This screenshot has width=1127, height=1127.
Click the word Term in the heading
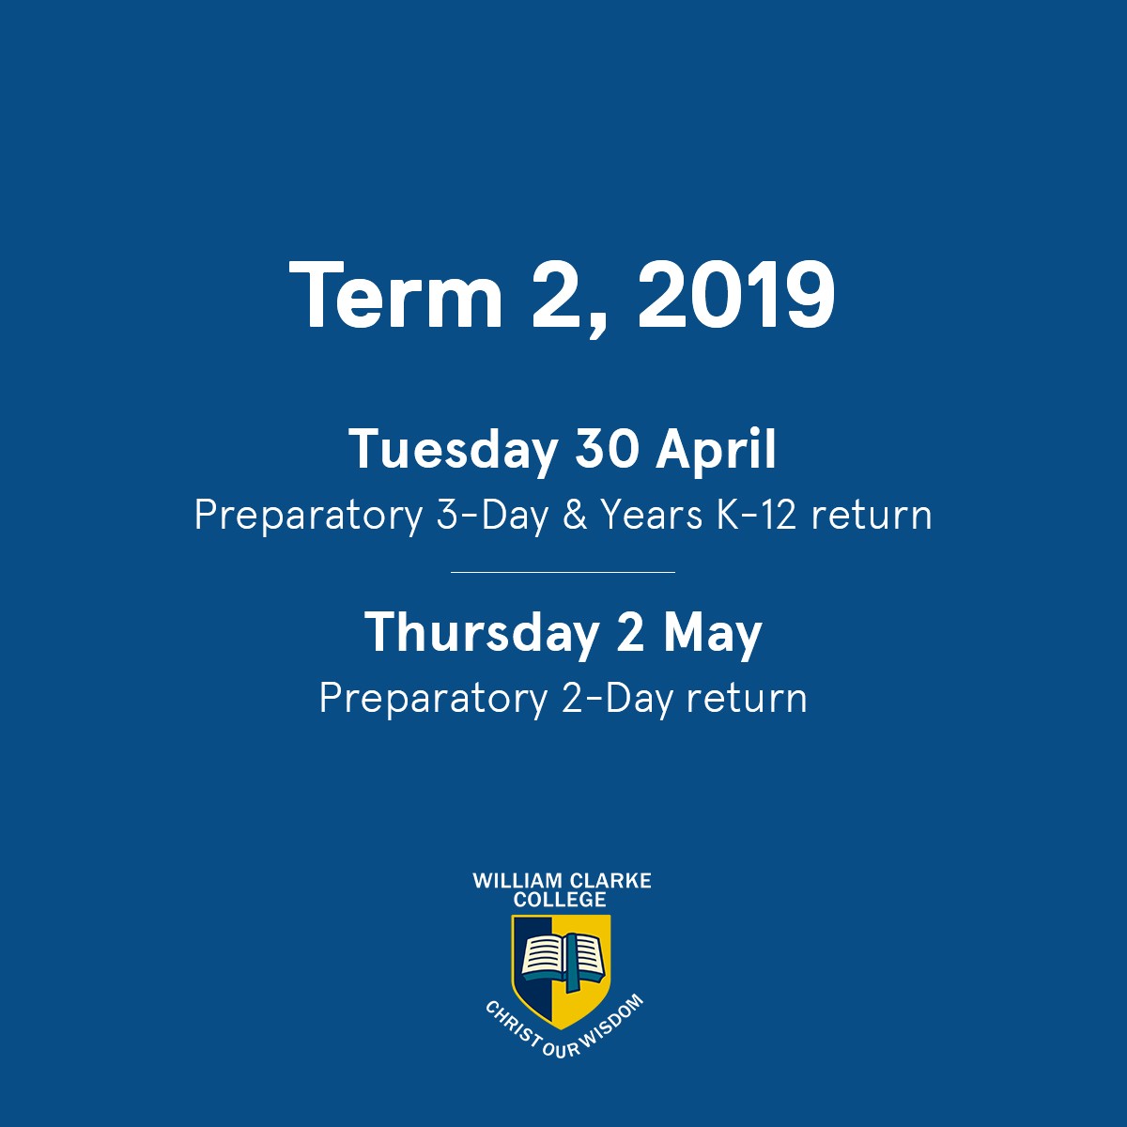395,295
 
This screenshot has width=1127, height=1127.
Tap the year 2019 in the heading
735,295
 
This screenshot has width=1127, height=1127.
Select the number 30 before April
606,449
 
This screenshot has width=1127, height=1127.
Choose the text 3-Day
492,517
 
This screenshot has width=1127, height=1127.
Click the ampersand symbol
575,516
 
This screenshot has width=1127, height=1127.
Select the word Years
652,516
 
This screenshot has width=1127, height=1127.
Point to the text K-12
756,516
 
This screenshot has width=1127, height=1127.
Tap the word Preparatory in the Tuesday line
308,517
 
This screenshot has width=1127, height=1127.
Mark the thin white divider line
563,572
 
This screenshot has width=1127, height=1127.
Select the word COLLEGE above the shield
560,899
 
